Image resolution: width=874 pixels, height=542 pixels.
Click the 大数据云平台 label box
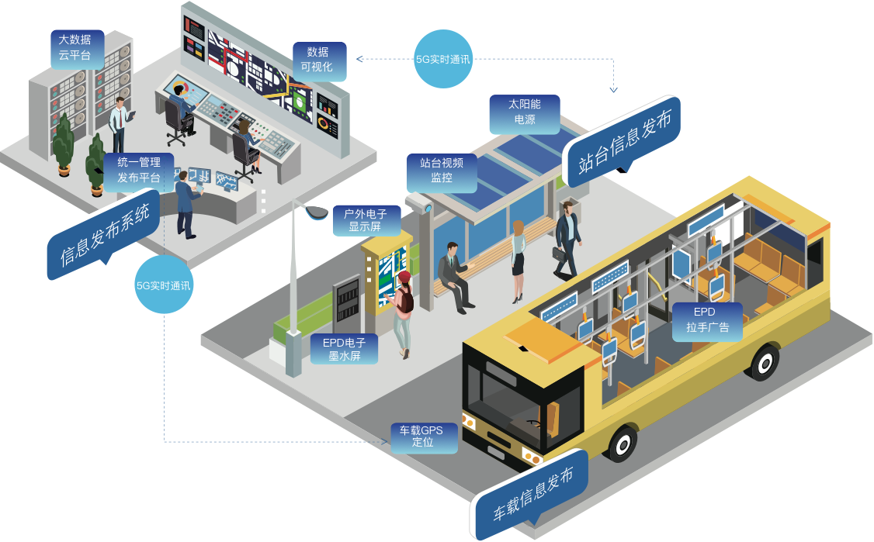(x=75, y=47)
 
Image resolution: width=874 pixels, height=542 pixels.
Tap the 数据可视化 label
(x=317, y=60)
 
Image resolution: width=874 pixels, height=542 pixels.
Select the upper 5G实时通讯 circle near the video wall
(x=443, y=58)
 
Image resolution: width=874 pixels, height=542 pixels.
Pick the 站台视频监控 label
(x=442, y=171)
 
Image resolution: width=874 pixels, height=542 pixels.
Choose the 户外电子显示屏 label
(x=365, y=220)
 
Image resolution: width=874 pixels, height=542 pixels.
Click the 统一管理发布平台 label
(x=139, y=171)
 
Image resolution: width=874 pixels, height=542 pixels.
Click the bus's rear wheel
(x=765, y=361)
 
